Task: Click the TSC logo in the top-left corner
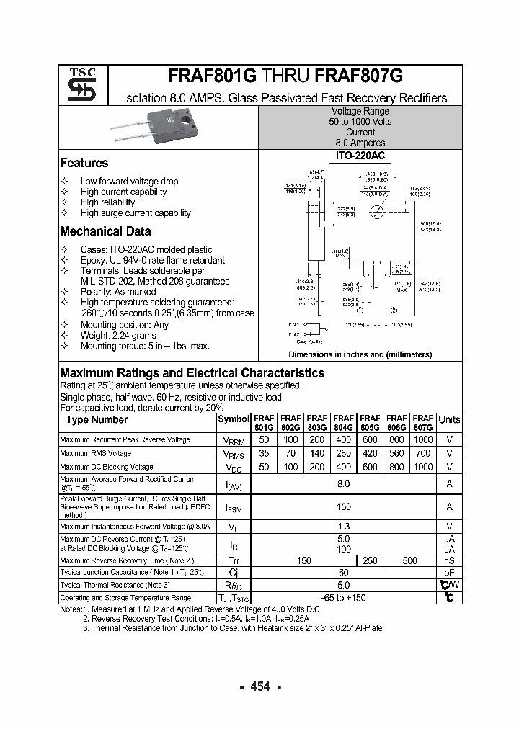(x=78, y=86)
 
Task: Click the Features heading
(x=84, y=164)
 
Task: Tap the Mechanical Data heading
(x=105, y=232)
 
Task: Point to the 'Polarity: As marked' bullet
(x=118, y=292)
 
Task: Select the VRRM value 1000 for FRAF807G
(x=422, y=439)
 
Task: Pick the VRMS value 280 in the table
(x=343, y=453)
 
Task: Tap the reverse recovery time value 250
(x=370, y=560)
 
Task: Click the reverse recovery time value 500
(x=409, y=560)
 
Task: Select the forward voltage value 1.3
(x=343, y=527)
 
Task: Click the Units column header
(x=449, y=420)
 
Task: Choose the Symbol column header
(x=233, y=419)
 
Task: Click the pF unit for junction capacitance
(x=449, y=572)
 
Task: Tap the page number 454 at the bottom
(x=260, y=687)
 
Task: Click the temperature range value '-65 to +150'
(x=343, y=598)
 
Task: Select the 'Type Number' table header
(x=97, y=419)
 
